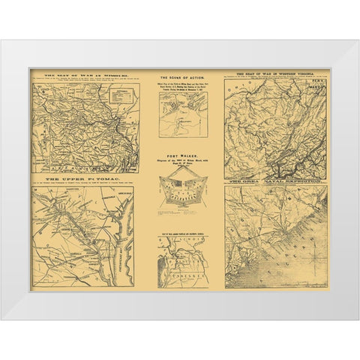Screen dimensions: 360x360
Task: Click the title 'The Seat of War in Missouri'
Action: tap(83, 75)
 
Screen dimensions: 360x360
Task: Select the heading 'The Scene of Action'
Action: tap(179, 77)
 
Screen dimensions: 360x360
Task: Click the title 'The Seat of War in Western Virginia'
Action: tap(276, 73)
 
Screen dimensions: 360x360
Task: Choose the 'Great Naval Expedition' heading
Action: tap(276, 182)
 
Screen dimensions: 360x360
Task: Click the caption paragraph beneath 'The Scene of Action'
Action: tap(179, 90)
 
